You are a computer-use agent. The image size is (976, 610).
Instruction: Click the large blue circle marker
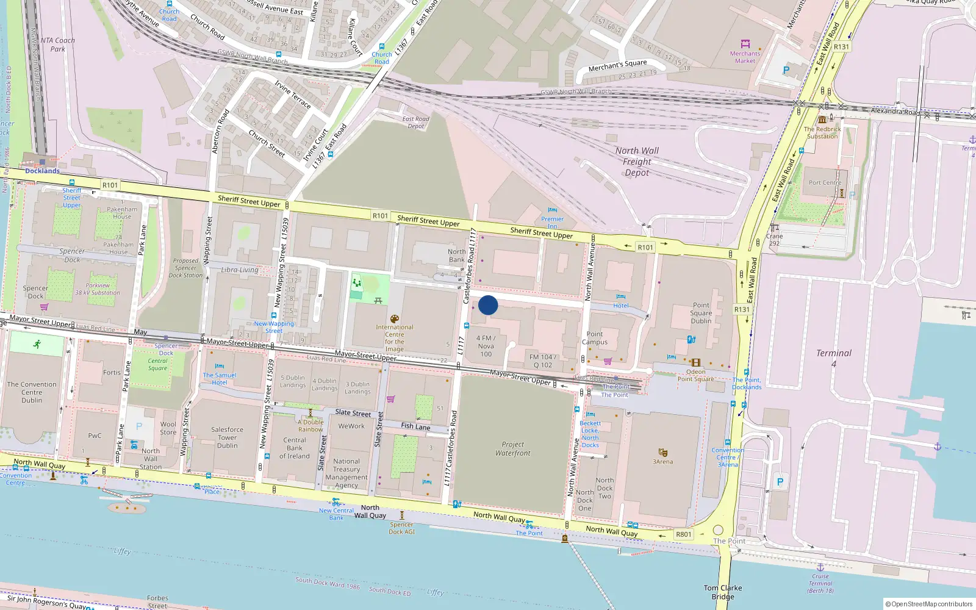[x=488, y=305]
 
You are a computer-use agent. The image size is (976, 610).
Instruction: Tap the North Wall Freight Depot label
[x=637, y=162]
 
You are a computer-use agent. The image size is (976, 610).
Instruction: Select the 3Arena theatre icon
[x=663, y=452]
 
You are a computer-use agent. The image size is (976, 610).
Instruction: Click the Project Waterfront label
[x=512, y=448]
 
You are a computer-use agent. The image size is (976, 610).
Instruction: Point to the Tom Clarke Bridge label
[x=723, y=592]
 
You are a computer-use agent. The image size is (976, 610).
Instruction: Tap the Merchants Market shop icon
[x=745, y=44]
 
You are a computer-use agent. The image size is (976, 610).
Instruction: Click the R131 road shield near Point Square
[x=742, y=309]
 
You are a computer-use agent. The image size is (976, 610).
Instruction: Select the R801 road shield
[x=684, y=534]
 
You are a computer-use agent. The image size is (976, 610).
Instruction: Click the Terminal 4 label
[x=833, y=358]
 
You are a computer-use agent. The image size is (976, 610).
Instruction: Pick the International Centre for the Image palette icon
[x=395, y=319]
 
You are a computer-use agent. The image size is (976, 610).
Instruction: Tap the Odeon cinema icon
[x=695, y=362]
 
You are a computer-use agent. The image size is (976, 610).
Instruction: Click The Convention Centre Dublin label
[x=32, y=392]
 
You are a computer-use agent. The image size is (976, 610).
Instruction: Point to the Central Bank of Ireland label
[x=295, y=448]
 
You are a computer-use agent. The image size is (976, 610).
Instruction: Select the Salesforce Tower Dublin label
[x=227, y=437]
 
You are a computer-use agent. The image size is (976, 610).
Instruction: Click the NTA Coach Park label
[x=58, y=45]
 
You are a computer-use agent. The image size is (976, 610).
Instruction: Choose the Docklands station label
[x=42, y=171]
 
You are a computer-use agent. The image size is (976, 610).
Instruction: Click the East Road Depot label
[x=415, y=123]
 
